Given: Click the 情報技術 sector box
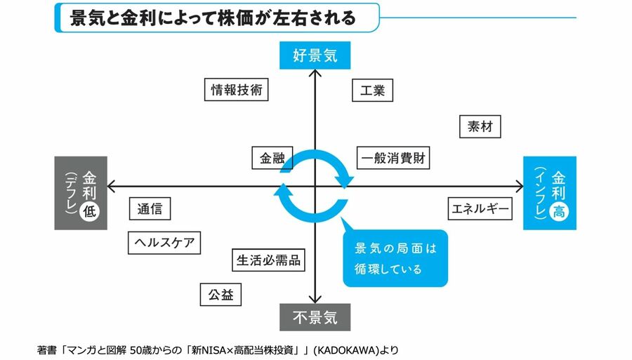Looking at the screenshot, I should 239,90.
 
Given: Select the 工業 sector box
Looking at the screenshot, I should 371,91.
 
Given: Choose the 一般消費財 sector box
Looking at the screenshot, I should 392,158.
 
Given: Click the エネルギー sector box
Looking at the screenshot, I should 480,208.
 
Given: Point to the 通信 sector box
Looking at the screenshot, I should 150,208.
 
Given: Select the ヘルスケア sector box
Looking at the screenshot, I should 164,243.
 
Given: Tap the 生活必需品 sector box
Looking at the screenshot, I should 268,260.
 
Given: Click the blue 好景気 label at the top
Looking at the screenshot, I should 315,55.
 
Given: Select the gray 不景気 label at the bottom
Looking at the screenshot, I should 315,317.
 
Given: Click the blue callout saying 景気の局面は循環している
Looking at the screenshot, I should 395,258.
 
